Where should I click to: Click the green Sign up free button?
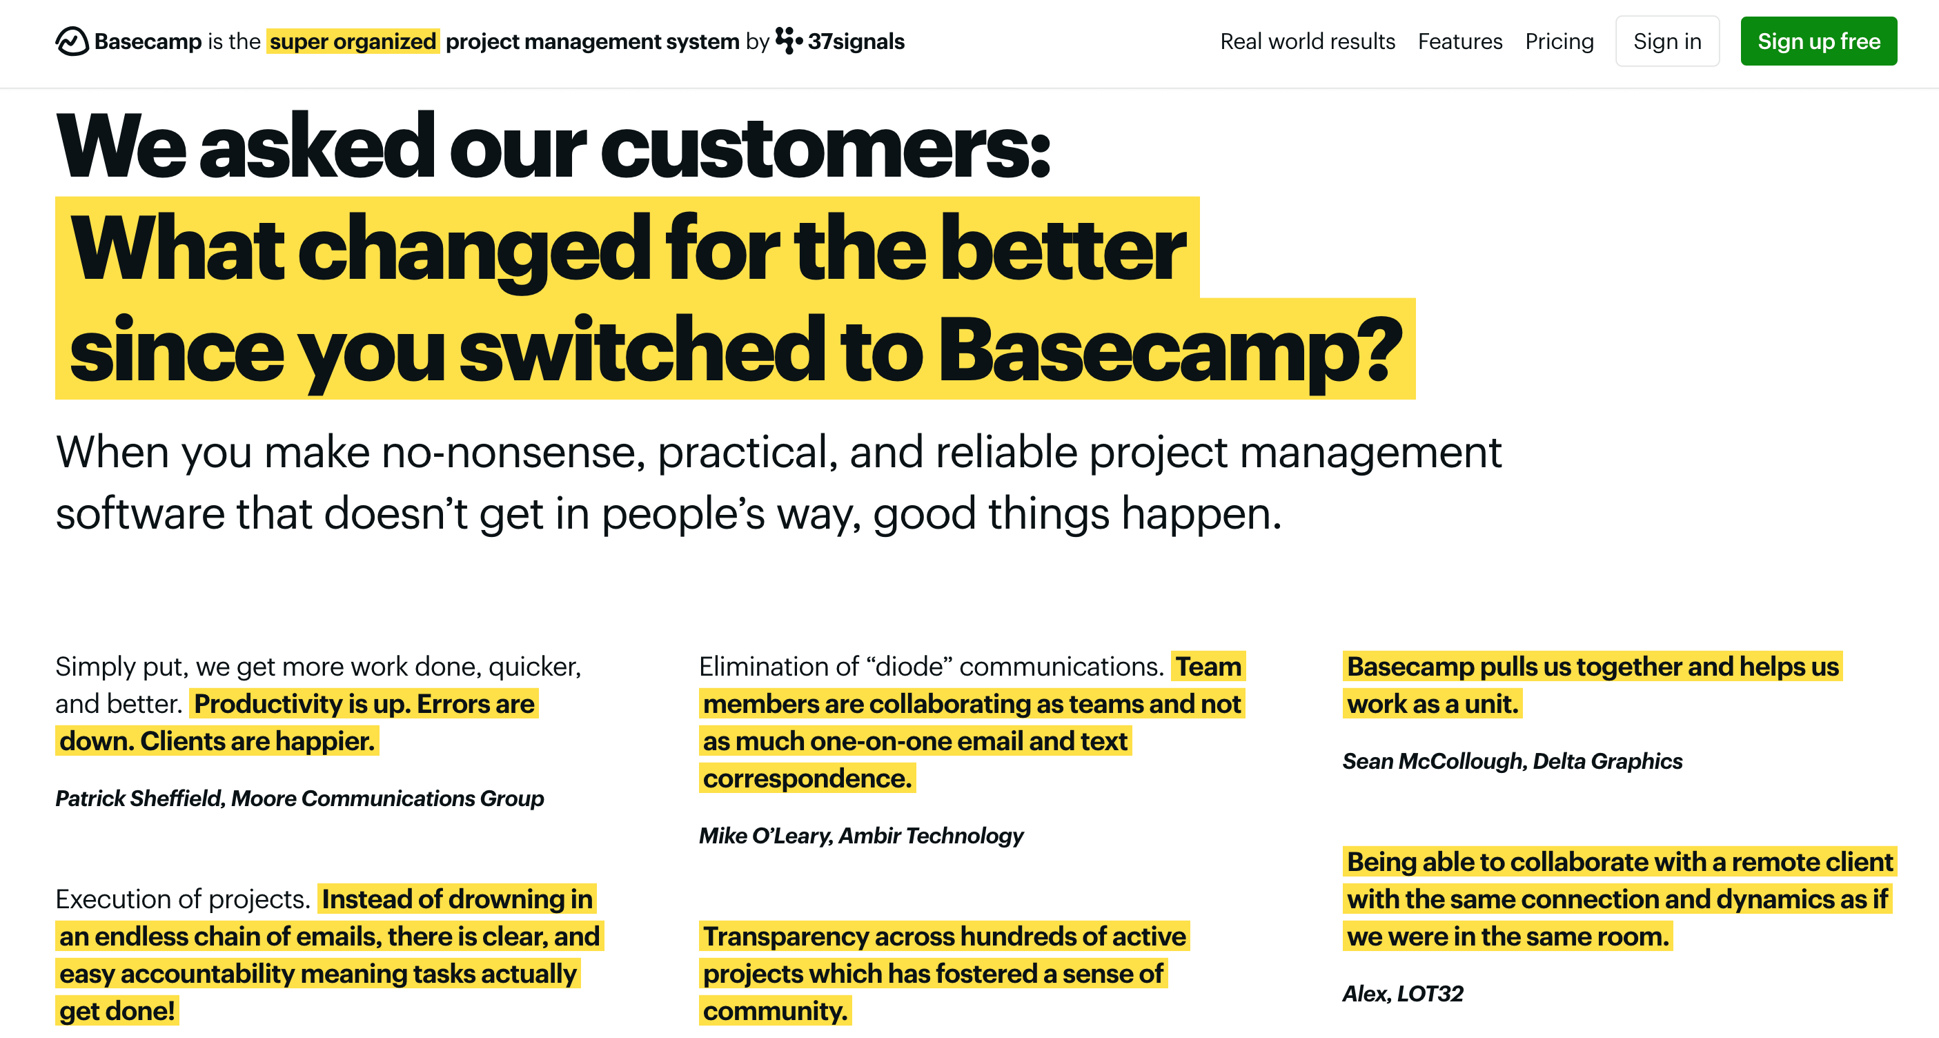[1818, 41]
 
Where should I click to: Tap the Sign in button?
[1666, 41]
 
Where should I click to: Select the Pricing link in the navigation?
[1559, 41]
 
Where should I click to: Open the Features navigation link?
[1459, 41]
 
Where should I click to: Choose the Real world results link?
[1307, 41]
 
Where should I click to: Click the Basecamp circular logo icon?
[72, 41]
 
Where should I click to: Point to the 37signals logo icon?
[787, 41]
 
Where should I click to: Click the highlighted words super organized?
[353, 41]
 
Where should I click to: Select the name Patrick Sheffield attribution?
[139, 798]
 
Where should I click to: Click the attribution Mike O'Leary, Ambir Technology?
[860, 836]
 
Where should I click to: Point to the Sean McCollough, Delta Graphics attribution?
[1511, 761]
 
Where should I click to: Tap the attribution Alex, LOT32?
[1402, 994]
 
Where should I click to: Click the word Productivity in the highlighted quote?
[268, 704]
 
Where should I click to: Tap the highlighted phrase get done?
[117, 1011]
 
